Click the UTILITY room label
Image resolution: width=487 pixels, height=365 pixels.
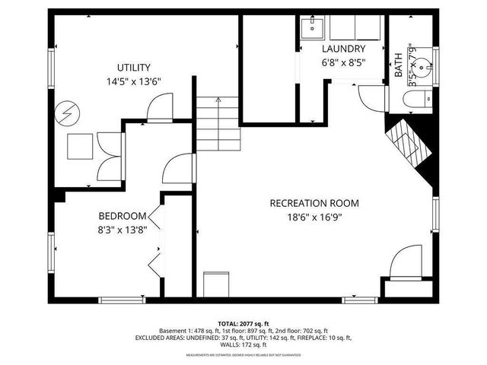click(x=133, y=67)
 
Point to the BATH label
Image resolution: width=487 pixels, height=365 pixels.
click(x=399, y=65)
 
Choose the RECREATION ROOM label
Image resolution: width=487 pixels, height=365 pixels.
click(x=314, y=203)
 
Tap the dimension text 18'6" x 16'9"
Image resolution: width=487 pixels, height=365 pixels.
click(x=314, y=217)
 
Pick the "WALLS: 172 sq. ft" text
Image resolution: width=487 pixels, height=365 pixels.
click(x=243, y=346)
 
